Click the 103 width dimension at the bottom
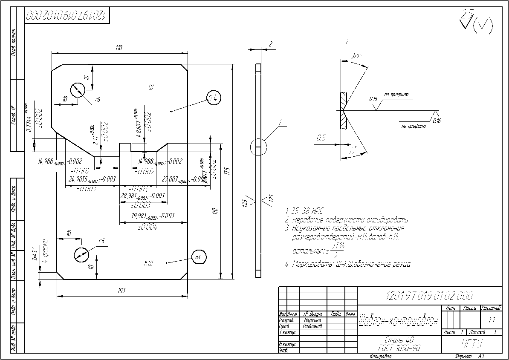(121, 291)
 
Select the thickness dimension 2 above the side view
(270, 44)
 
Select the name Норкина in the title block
(312, 320)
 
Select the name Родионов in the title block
(312, 325)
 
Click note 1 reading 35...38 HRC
(304, 211)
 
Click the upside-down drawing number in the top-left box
(66, 16)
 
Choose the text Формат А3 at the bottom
(470, 356)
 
